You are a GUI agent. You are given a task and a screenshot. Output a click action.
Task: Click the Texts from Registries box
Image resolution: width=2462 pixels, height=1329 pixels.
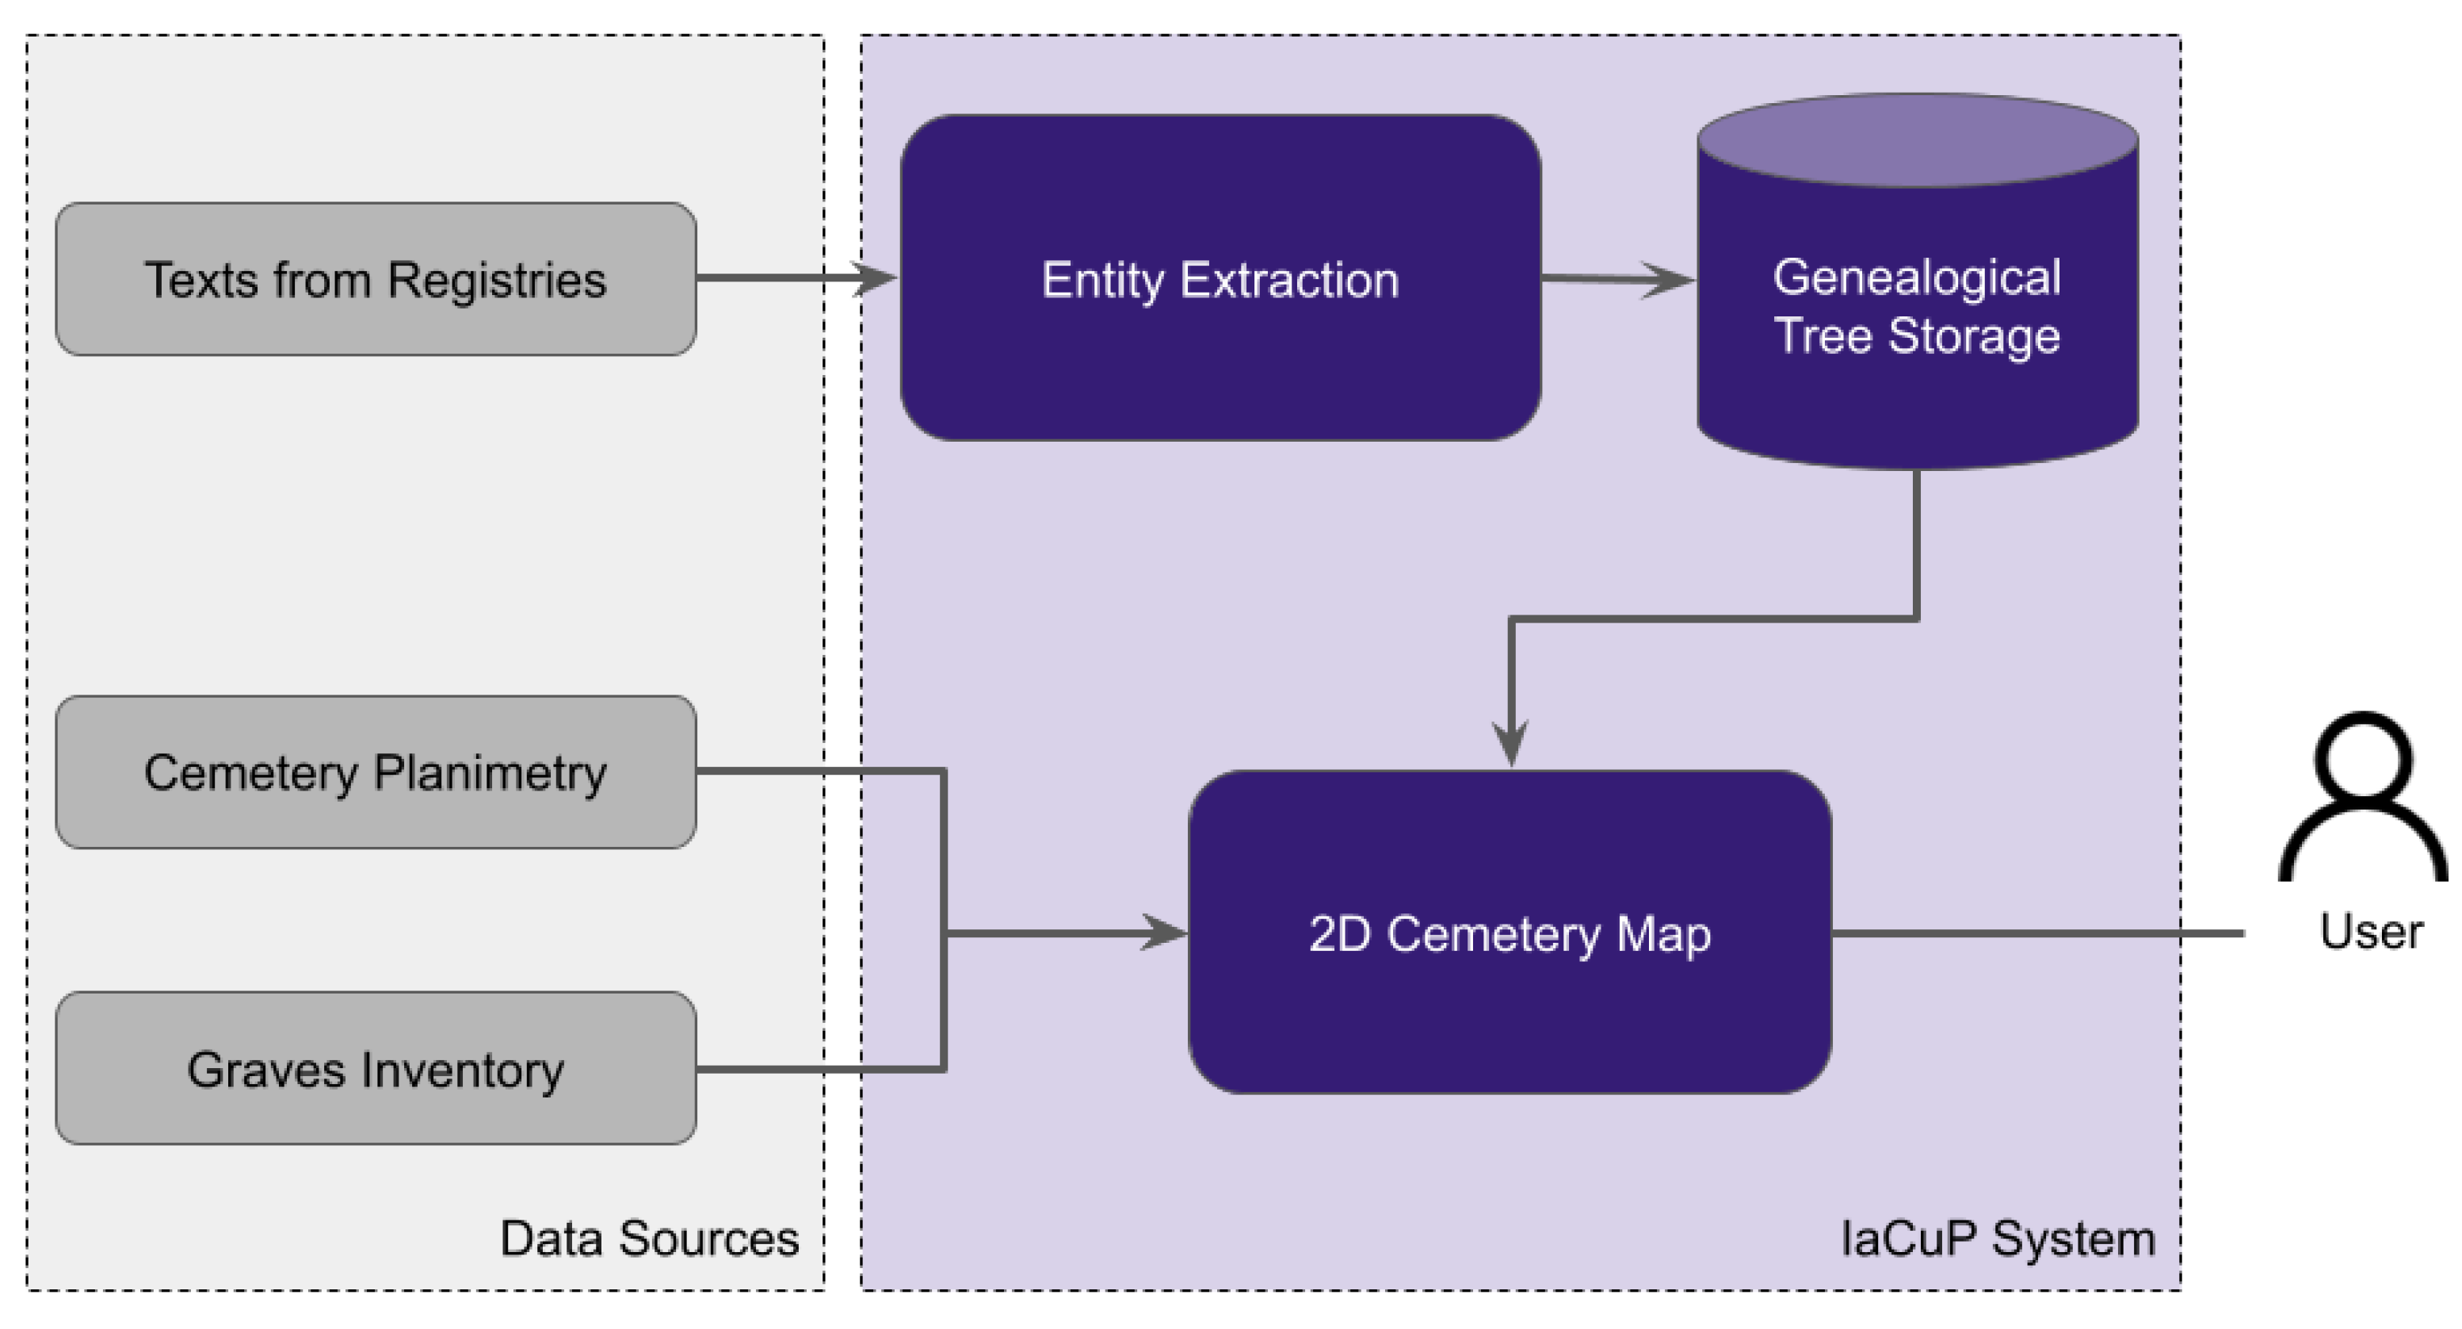[375, 278]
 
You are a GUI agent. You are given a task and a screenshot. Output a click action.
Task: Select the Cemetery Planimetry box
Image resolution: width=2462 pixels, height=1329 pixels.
[375, 772]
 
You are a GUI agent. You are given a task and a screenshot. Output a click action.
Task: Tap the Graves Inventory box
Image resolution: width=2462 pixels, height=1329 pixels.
[375, 1068]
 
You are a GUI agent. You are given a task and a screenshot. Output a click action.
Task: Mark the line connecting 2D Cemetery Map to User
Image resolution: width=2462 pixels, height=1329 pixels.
[2036, 933]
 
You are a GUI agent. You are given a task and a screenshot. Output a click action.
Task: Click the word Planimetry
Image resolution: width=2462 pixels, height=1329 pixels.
[490, 773]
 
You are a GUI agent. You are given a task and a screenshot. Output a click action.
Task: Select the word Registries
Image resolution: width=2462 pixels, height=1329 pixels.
[496, 280]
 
